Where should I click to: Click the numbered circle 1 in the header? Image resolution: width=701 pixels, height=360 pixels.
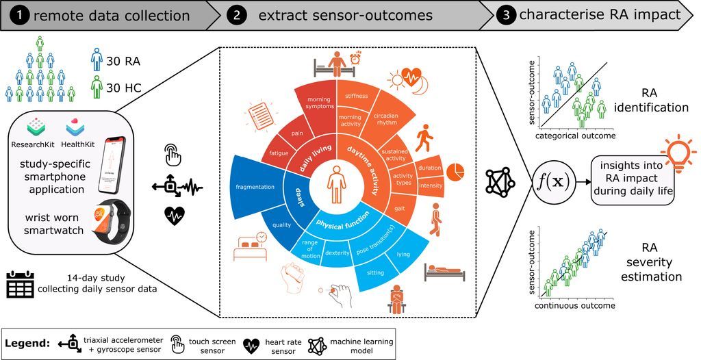point(14,14)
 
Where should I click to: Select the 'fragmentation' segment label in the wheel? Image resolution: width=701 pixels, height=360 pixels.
point(254,187)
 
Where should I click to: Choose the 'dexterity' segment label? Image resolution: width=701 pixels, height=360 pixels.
point(337,253)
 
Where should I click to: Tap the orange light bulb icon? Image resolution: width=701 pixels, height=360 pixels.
point(672,149)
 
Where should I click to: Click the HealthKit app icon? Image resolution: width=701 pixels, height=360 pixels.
point(75,128)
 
